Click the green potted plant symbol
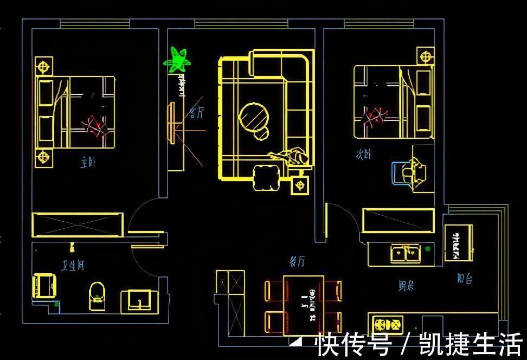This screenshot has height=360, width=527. pos(177,59)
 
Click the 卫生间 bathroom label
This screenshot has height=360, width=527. pos(73,266)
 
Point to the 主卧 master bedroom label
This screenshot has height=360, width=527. pos(88,162)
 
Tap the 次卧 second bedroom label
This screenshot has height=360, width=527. pos(363,155)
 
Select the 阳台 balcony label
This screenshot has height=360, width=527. pos(464,279)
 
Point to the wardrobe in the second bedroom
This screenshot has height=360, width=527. pos(399,220)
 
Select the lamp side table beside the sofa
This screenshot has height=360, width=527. pos(299,185)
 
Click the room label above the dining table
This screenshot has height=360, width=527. pos(297,262)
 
